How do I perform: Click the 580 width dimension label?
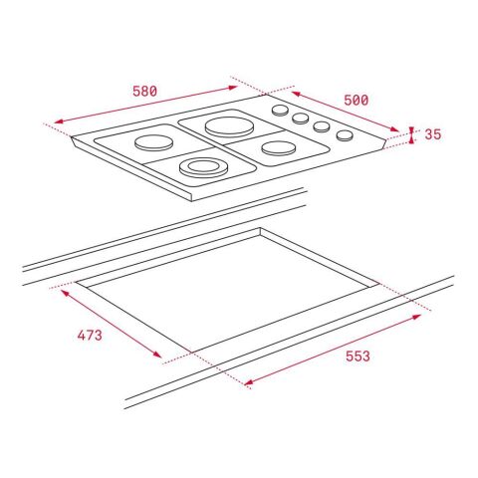point(144,91)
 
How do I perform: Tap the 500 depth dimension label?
point(357,100)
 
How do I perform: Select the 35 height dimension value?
point(432,134)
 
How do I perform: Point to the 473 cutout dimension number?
point(89,335)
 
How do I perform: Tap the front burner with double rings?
point(202,166)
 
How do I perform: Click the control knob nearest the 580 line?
point(281,111)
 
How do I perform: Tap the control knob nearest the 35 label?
point(345,135)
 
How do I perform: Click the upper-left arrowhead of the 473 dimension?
point(64,291)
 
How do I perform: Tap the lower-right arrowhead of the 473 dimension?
point(162,357)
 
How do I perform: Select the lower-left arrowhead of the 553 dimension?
point(244,386)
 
